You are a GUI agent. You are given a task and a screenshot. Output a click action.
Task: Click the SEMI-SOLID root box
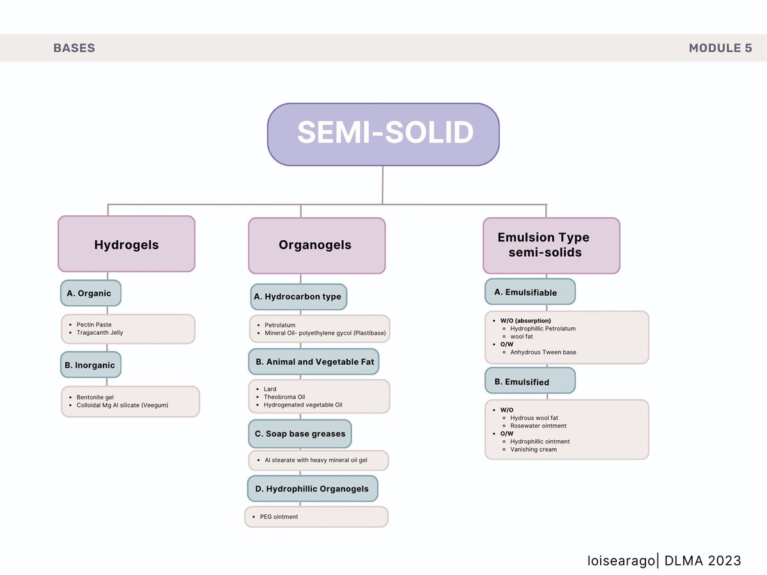(x=383, y=134)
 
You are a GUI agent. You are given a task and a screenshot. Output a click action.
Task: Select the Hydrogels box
(x=127, y=243)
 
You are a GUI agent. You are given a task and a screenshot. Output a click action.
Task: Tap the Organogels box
(x=317, y=245)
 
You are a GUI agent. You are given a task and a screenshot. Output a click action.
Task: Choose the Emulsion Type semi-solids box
(x=552, y=245)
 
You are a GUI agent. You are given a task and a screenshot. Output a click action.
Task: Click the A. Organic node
(x=91, y=293)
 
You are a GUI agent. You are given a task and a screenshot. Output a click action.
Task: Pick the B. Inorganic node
(x=91, y=365)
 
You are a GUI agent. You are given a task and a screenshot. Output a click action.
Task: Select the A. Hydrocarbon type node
(x=298, y=296)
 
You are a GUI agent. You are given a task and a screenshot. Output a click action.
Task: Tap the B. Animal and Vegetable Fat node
(x=314, y=362)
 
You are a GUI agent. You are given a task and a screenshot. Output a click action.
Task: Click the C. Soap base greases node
(x=300, y=434)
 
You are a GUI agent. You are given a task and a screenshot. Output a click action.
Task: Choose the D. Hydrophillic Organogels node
(x=313, y=489)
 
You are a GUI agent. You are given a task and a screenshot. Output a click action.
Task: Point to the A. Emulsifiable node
(x=530, y=292)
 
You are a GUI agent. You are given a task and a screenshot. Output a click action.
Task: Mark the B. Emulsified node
(x=530, y=381)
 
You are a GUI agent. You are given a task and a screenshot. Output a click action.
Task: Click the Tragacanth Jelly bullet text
(x=100, y=333)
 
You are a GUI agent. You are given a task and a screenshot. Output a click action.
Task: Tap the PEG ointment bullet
(x=279, y=517)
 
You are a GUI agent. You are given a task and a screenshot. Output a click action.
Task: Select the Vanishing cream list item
(x=533, y=449)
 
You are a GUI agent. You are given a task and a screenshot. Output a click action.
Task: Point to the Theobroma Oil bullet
(x=284, y=397)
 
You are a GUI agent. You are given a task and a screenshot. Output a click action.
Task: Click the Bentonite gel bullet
(x=95, y=397)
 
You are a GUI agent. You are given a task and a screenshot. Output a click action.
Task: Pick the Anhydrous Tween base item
(x=543, y=352)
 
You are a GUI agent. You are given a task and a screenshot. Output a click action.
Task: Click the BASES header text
(x=74, y=48)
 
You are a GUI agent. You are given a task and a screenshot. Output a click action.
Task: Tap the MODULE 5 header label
(x=720, y=48)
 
